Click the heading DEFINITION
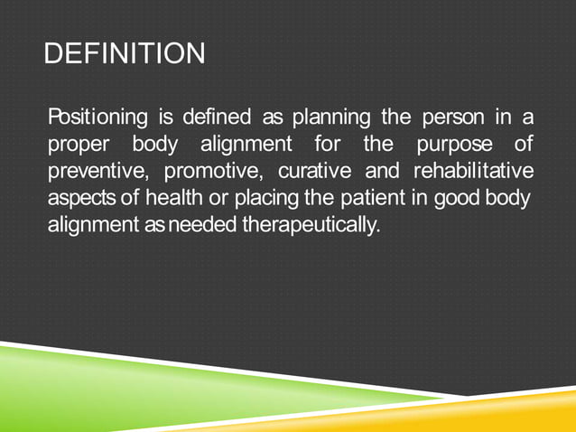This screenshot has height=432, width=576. pos(125,53)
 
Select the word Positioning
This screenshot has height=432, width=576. pos(98,118)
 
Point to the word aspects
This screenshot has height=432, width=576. pos(79,197)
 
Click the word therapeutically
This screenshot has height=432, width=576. pos(310,223)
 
